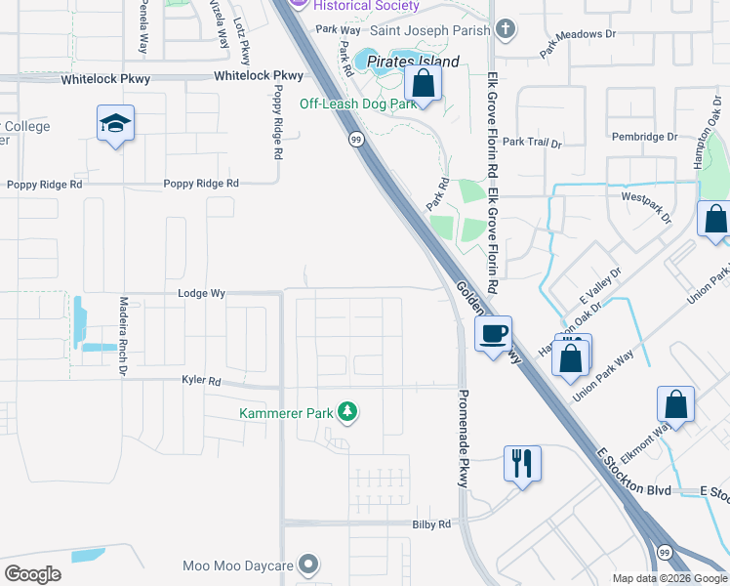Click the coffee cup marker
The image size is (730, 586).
point(493,334)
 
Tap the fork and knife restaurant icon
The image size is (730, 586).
point(522,461)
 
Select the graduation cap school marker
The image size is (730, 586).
point(115,124)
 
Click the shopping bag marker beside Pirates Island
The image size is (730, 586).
point(424,83)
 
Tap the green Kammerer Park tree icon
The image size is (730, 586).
point(346,412)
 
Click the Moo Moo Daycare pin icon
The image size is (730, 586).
point(308,565)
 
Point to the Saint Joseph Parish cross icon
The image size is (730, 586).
point(505,29)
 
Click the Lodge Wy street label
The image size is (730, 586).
point(202,293)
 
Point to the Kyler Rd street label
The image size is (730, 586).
point(201,380)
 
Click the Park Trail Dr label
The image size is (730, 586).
point(537,143)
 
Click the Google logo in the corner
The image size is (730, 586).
point(32,574)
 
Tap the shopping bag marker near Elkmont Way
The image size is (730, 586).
point(675,404)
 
